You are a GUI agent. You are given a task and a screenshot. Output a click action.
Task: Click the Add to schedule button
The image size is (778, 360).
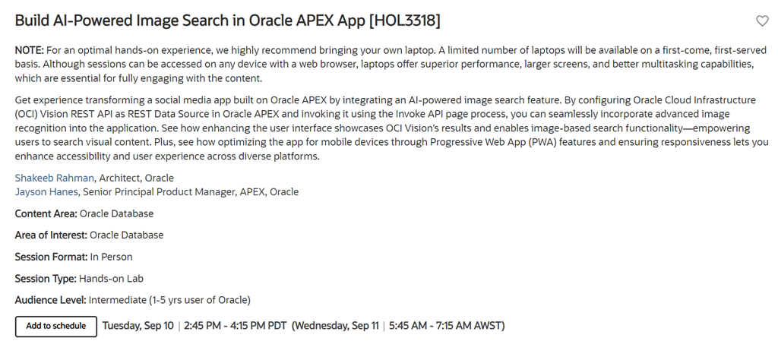pyautogui.click(x=56, y=327)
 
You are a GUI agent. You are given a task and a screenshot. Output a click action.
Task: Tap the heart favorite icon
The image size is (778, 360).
pyautogui.click(x=762, y=21)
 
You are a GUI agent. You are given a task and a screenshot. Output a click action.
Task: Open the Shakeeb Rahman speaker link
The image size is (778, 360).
pyautogui.click(x=54, y=178)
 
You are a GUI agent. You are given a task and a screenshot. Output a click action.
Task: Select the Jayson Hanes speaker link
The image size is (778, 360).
pyautogui.click(x=46, y=192)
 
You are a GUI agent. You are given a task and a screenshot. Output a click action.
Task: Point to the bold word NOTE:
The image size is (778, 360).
pyautogui.click(x=30, y=50)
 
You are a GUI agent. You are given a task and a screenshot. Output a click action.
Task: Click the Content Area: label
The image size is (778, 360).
pyautogui.click(x=46, y=213)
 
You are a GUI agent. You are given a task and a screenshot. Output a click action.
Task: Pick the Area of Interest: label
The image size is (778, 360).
pyautogui.click(x=51, y=235)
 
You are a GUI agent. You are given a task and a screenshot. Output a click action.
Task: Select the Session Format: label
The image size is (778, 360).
pyautogui.click(x=51, y=257)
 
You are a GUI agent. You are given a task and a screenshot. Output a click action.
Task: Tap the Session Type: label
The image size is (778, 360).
pyautogui.click(x=46, y=279)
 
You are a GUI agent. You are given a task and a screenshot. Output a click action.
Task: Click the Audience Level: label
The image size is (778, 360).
pyautogui.click(x=51, y=300)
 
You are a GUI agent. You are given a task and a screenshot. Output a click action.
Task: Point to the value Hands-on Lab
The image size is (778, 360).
pyautogui.click(x=111, y=279)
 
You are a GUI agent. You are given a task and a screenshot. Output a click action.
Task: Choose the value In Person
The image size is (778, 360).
pyautogui.click(x=111, y=257)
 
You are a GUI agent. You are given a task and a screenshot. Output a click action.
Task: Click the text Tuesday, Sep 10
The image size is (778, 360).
pyautogui.click(x=138, y=326)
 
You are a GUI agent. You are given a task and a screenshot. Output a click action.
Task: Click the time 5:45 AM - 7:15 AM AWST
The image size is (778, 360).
pyautogui.click(x=445, y=326)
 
